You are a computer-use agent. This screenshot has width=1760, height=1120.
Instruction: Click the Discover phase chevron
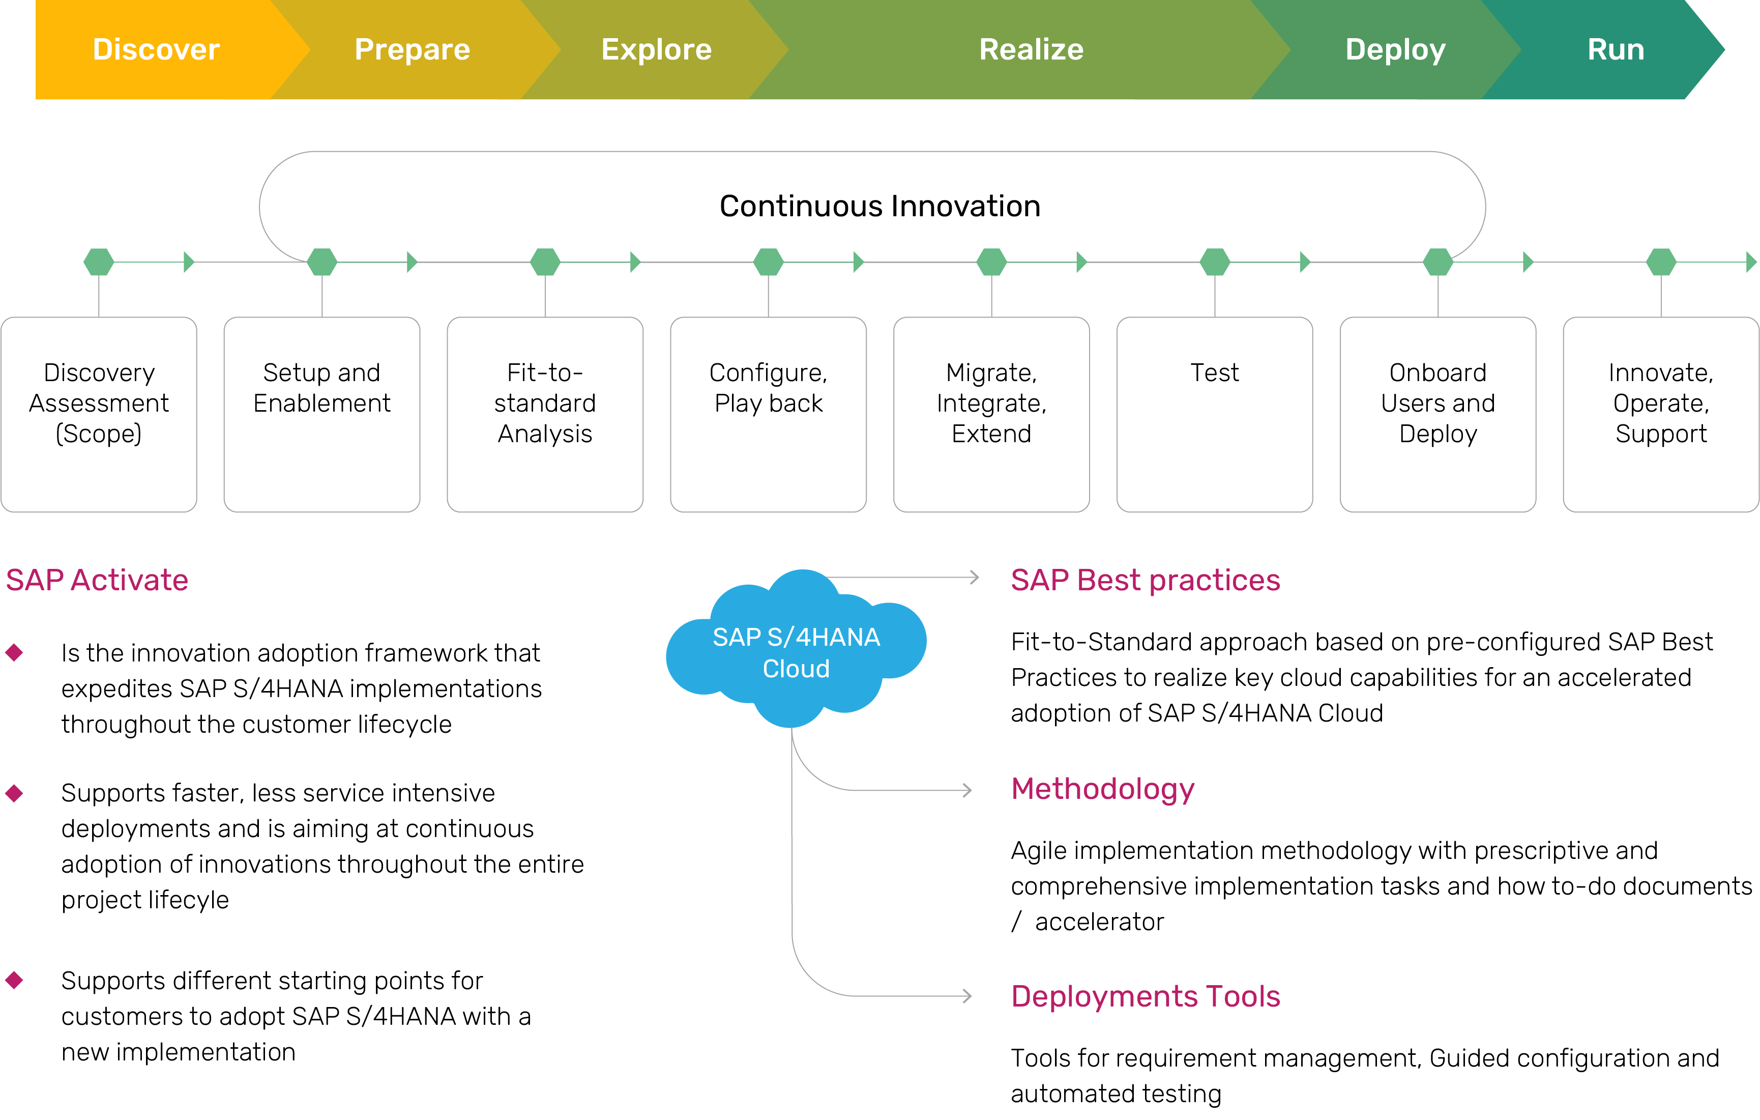pyautogui.click(x=156, y=50)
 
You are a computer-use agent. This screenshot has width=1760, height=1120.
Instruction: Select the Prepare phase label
pyautogui.click(x=412, y=50)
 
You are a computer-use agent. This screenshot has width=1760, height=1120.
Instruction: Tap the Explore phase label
pyautogui.click(x=656, y=50)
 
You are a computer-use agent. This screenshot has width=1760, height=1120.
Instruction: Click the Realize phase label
pyautogui.click(x=1031, y=50)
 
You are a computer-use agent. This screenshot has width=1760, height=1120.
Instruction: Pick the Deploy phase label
pyautogui.click(x=1395, y=50)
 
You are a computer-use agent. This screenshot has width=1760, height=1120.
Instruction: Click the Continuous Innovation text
pyautogui.click(x=879, y=206)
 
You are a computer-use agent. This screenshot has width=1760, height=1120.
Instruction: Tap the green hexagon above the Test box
pyautogui.click(x=1215, y=262)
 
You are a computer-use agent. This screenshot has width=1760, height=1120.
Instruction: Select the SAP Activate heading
pyautogui.click(x=97, y=580)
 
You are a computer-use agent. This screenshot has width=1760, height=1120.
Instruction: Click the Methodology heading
pyautogui.click(x=1102, y=789)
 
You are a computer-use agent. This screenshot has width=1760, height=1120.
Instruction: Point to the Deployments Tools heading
pyautogui.click(x=1145, y=996)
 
